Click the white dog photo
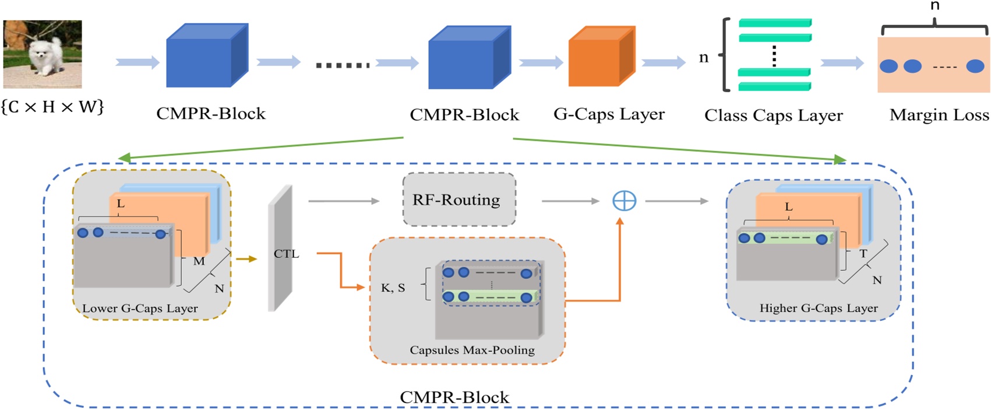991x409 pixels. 42,54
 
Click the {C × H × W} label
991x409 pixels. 52,107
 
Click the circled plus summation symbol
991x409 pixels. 624,201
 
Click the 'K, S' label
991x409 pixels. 393,288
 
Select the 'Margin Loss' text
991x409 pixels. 939,116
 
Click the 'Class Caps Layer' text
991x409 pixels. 773,116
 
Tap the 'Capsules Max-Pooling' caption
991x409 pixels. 472,350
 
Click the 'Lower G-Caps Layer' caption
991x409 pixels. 140,308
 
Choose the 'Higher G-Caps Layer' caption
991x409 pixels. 818,308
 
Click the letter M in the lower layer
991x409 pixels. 199,261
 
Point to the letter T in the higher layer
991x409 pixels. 863,254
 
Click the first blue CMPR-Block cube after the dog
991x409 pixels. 207,57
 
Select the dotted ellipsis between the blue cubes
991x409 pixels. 343,65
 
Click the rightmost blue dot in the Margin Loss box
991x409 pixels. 975,66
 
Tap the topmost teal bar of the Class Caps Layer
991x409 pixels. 775,23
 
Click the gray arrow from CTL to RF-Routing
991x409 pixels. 344,201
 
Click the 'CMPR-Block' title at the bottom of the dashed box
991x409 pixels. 454,397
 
